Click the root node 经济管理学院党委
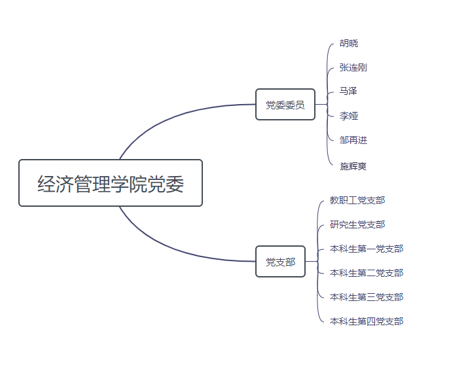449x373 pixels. pos(111,183)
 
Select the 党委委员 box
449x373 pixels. pos(285,105)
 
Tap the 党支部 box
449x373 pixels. pos(280,262)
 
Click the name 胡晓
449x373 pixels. pos(349,44)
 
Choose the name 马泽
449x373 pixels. pos(348,91)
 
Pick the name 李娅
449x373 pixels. pos(349,116)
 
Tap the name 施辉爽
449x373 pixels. pos(353,166)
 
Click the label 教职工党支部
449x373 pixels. pos(357,200)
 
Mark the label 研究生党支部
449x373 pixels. pos(357,224)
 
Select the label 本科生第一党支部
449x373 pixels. pos(367,249)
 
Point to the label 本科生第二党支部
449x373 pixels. pos(367,273)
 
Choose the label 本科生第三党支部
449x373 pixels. pos(367,297)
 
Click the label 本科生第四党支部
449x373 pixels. pos(367,321)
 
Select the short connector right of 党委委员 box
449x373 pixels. pos(321,105)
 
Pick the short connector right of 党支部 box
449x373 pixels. pos(312,262)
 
